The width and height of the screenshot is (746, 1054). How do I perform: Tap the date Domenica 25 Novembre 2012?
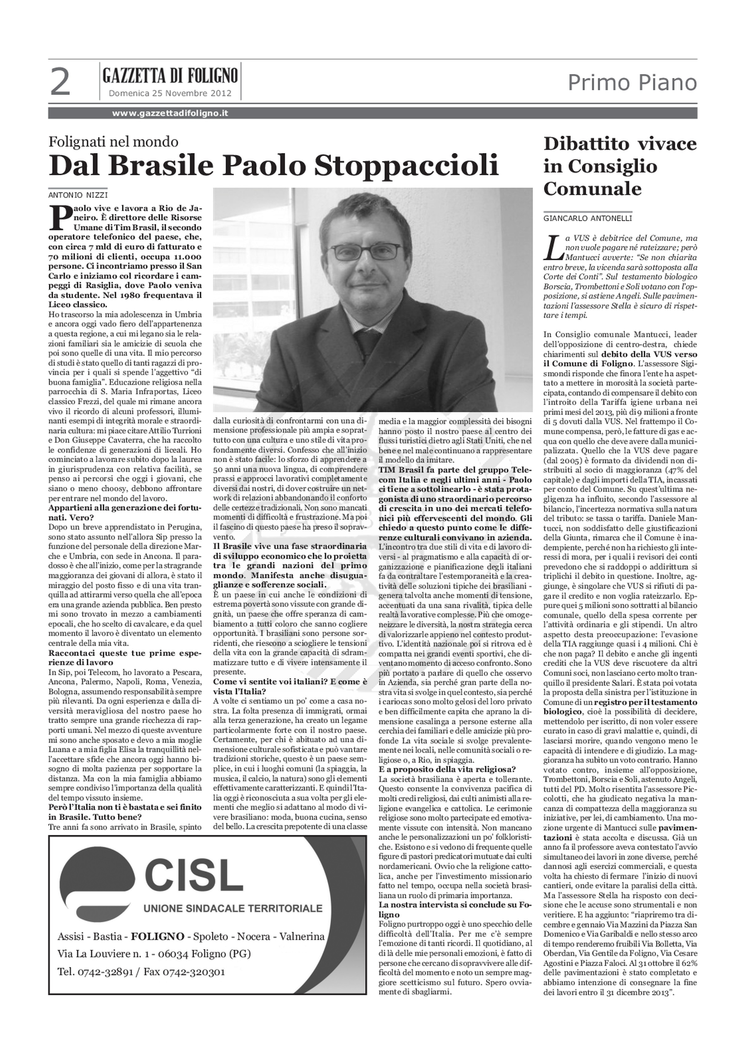(x=169, y=94)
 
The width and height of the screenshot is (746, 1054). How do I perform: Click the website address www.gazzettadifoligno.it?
(x=170, y=113)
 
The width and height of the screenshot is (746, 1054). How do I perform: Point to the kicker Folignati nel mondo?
(x=113, y=142)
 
